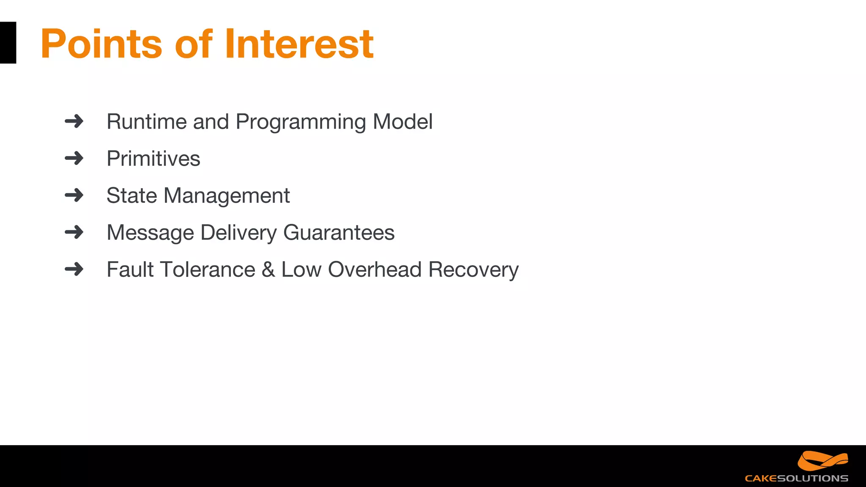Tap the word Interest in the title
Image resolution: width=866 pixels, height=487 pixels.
(299, 44)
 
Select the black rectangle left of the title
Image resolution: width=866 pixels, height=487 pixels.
(8, 43)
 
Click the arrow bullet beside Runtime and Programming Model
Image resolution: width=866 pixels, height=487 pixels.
(74, 121)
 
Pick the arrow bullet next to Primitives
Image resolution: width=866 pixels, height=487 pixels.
(74, 159)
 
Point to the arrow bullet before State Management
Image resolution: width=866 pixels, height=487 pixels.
(74, 195)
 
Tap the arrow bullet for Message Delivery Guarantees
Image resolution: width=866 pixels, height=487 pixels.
(74, 232)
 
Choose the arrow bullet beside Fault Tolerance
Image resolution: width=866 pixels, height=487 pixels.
(74, 269)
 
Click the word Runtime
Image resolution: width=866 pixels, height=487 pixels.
(146, 122)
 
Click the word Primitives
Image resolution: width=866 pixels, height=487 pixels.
(153, 159)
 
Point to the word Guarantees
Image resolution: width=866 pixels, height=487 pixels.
(339, 233)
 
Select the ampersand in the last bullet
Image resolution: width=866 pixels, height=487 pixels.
(268, 270)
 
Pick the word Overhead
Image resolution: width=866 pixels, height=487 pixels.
(375, 270)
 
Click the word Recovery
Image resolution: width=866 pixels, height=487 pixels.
(473, 270)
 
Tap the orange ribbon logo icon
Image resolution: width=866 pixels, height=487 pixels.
(822, 461)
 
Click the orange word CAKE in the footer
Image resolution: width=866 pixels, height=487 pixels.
(761, 479)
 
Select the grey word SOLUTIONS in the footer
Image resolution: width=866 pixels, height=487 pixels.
(812, 479)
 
